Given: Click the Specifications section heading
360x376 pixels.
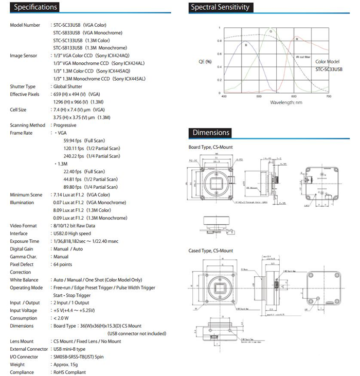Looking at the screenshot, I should [x=35, y=7].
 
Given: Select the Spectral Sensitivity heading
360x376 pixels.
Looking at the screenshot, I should [x=220, y=7].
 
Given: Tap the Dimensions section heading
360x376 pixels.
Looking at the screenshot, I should [x=211, y=133].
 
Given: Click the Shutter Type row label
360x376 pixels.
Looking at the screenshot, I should [x=23, y=86].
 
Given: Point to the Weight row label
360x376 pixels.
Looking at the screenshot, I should [x=18, y=364].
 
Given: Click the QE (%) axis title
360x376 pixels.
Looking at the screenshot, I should [x=204, y=62].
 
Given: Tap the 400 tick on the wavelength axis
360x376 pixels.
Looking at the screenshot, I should [x=224, y=96].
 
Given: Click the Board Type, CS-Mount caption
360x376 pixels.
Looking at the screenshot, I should [x=212, y=147].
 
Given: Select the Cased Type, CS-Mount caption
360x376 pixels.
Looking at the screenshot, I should [x=211, y=250].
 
